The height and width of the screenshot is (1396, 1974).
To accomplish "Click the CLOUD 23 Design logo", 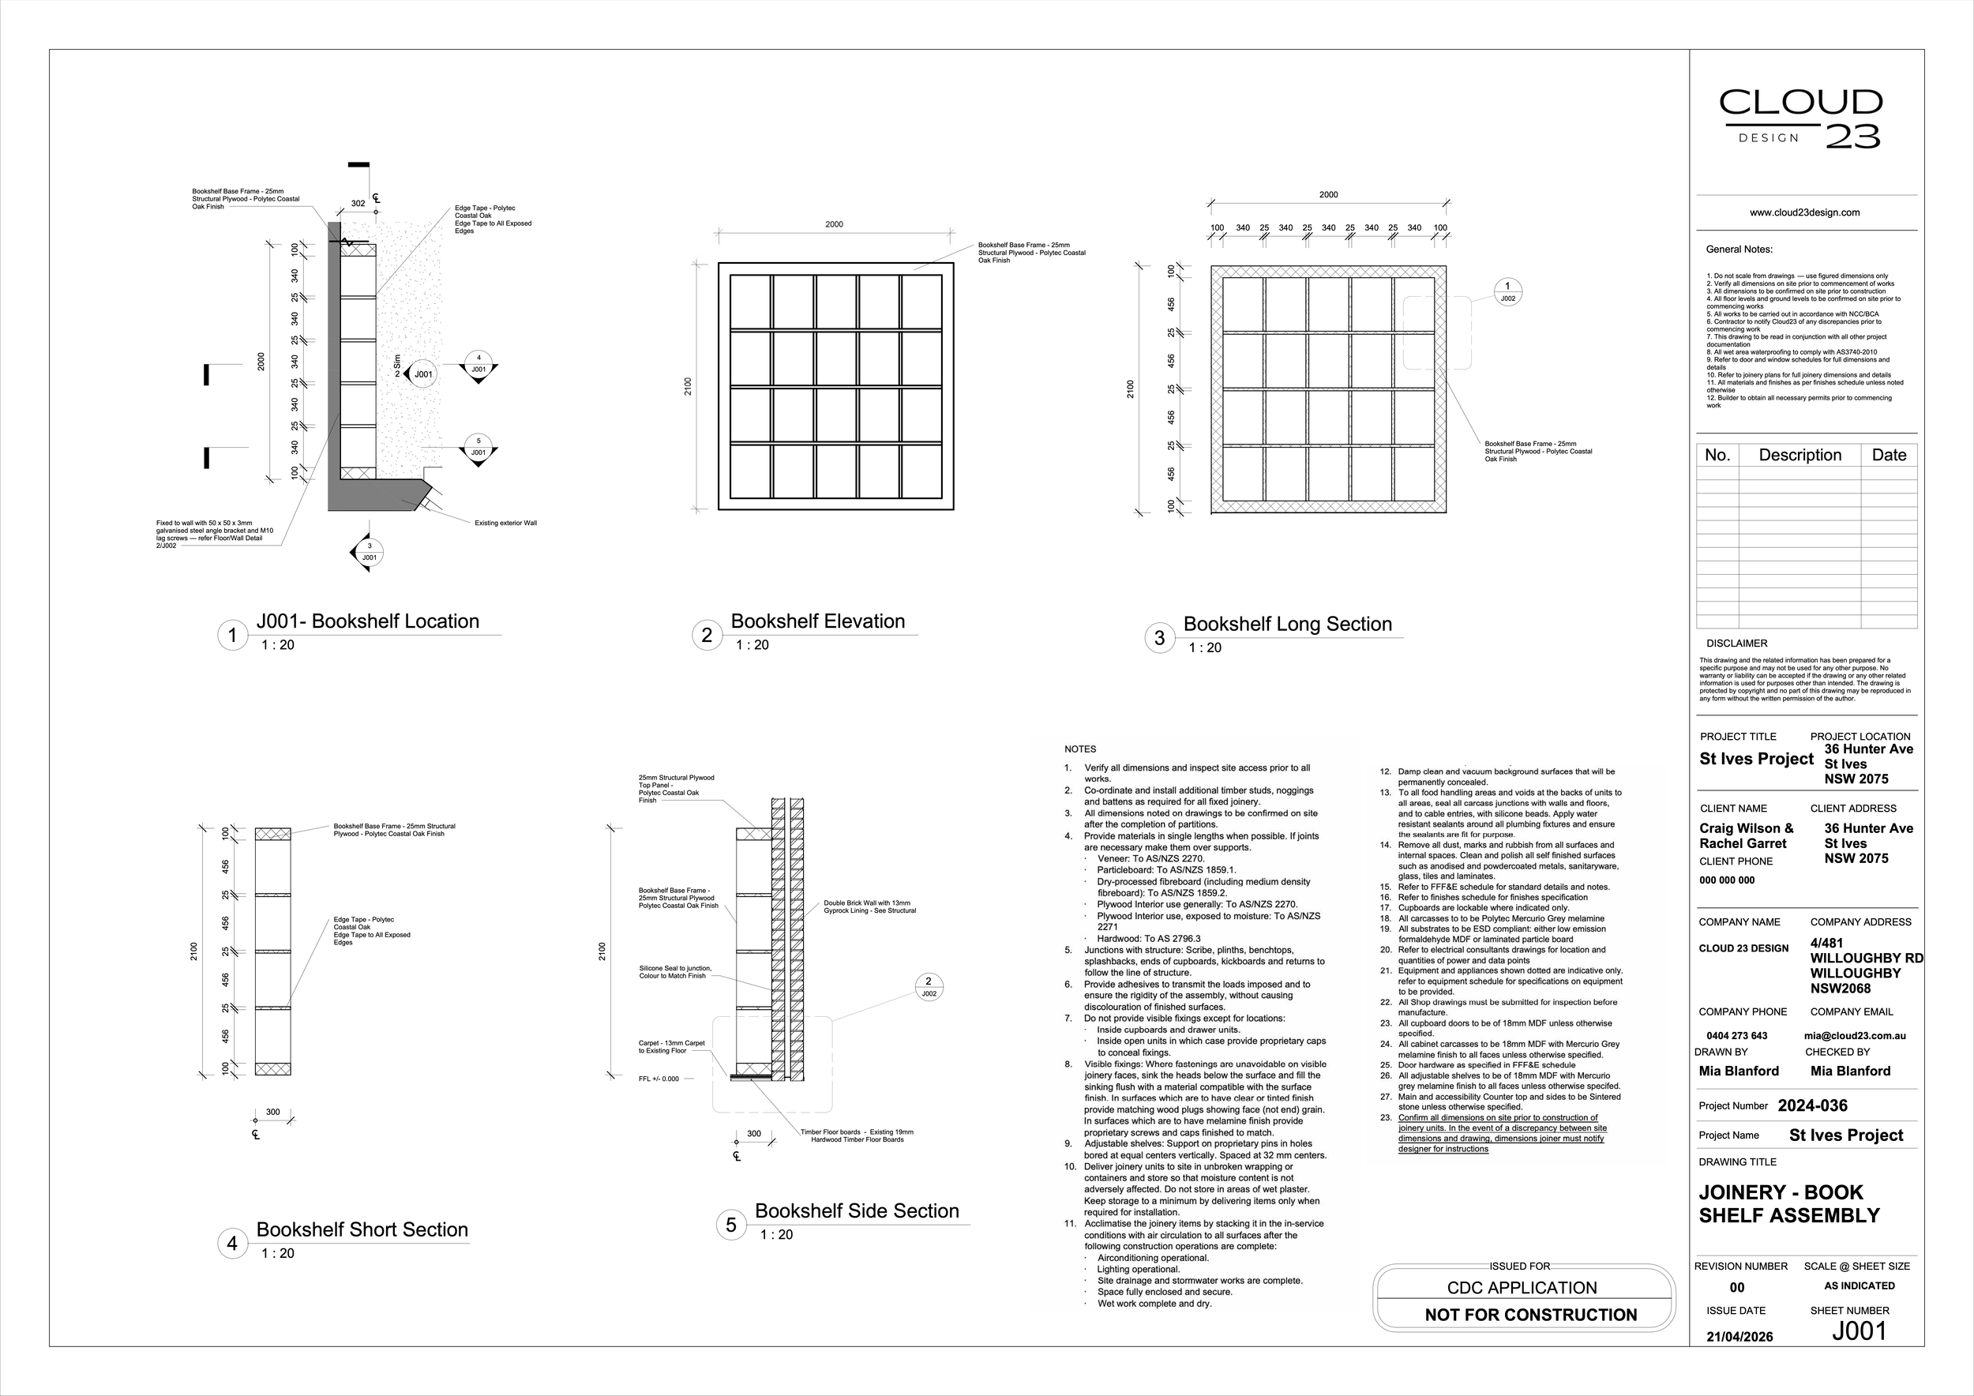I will point(1800,118).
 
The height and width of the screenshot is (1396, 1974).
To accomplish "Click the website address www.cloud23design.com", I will point(1804,212).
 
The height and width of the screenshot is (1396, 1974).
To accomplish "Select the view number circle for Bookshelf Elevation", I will point(707,636).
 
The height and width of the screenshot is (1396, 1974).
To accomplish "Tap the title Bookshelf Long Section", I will point(1287,624).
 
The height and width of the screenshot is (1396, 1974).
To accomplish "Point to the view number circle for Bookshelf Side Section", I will point(731,1225).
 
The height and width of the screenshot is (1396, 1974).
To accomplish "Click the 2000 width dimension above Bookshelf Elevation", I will point(834,224).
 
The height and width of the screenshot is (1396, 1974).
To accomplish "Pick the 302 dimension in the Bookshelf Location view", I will point(358,204).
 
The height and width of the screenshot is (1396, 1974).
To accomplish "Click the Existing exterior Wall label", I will point(505,523).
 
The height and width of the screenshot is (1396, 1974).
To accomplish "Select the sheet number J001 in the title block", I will point(1859,1330).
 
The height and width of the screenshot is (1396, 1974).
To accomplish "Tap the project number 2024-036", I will point(1812,1105).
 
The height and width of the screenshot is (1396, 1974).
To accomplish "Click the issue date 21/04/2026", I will point(1739,1337).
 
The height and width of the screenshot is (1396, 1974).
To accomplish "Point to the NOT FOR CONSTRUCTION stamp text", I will point(1530,1315).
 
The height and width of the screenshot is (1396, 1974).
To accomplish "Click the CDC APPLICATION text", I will point(1522,1288).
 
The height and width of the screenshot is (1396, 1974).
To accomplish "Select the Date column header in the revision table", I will point(1889,455).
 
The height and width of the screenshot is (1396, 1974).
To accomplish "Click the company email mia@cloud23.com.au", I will point(1855,1036).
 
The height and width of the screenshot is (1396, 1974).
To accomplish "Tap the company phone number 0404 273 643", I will point(1736,1036).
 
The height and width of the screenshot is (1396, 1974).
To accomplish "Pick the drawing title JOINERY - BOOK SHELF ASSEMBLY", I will point(1788,1203).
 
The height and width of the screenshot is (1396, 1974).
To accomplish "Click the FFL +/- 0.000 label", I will point(659,1079).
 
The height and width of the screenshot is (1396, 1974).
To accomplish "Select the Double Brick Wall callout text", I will point(869,907).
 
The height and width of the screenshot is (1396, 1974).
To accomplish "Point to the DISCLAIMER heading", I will point(1736,643).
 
